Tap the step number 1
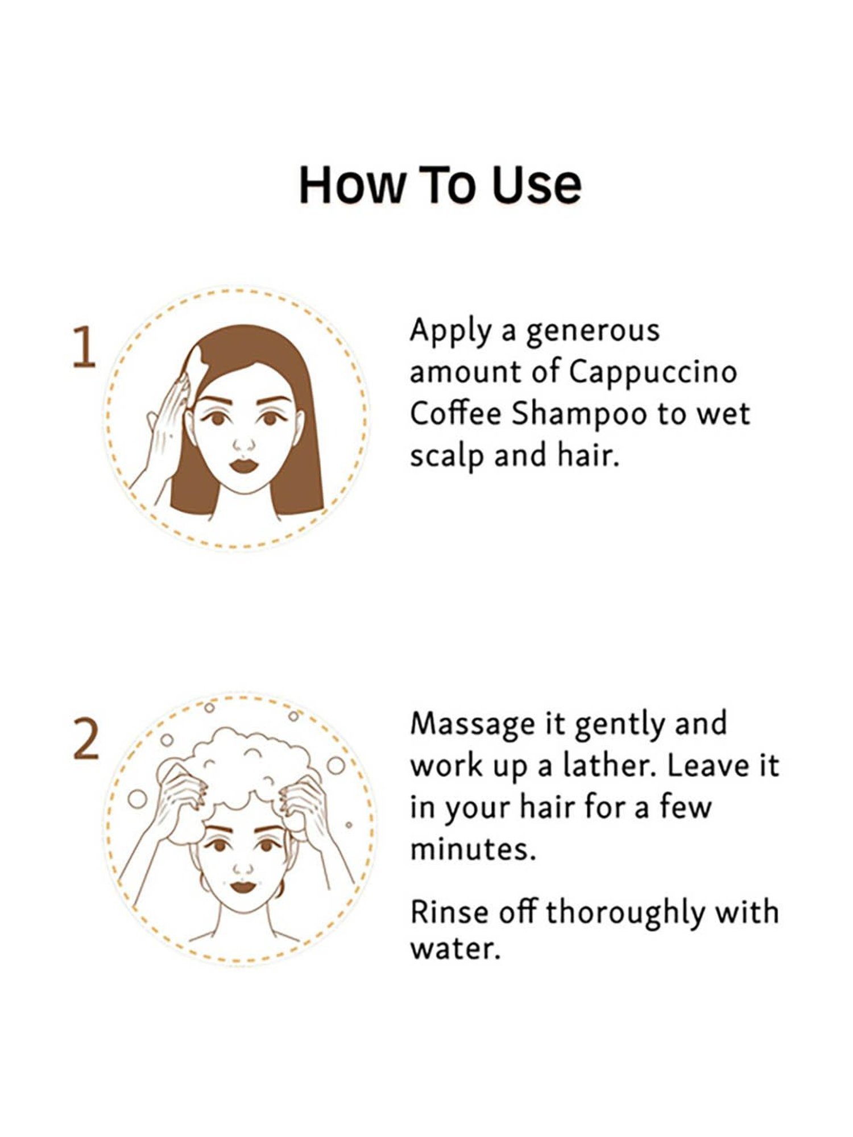[84, 347]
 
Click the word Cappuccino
[653, 372]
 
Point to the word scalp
[446, 457]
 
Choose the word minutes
[473, 849]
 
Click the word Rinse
[449, 912]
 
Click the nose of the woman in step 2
[243, 867]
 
